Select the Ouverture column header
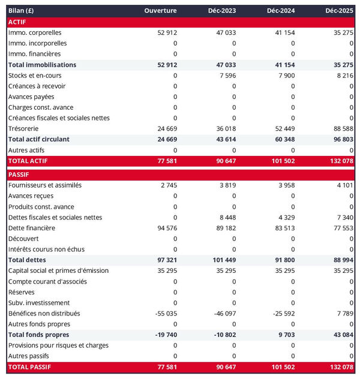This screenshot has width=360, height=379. tap(161, 11)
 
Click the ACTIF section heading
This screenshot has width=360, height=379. tap(17, 22)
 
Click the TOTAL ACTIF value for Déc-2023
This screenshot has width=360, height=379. tap(226, 161)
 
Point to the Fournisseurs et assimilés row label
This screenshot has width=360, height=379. tap(45, 185)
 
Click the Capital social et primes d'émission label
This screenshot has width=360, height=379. tap(58, 270)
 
